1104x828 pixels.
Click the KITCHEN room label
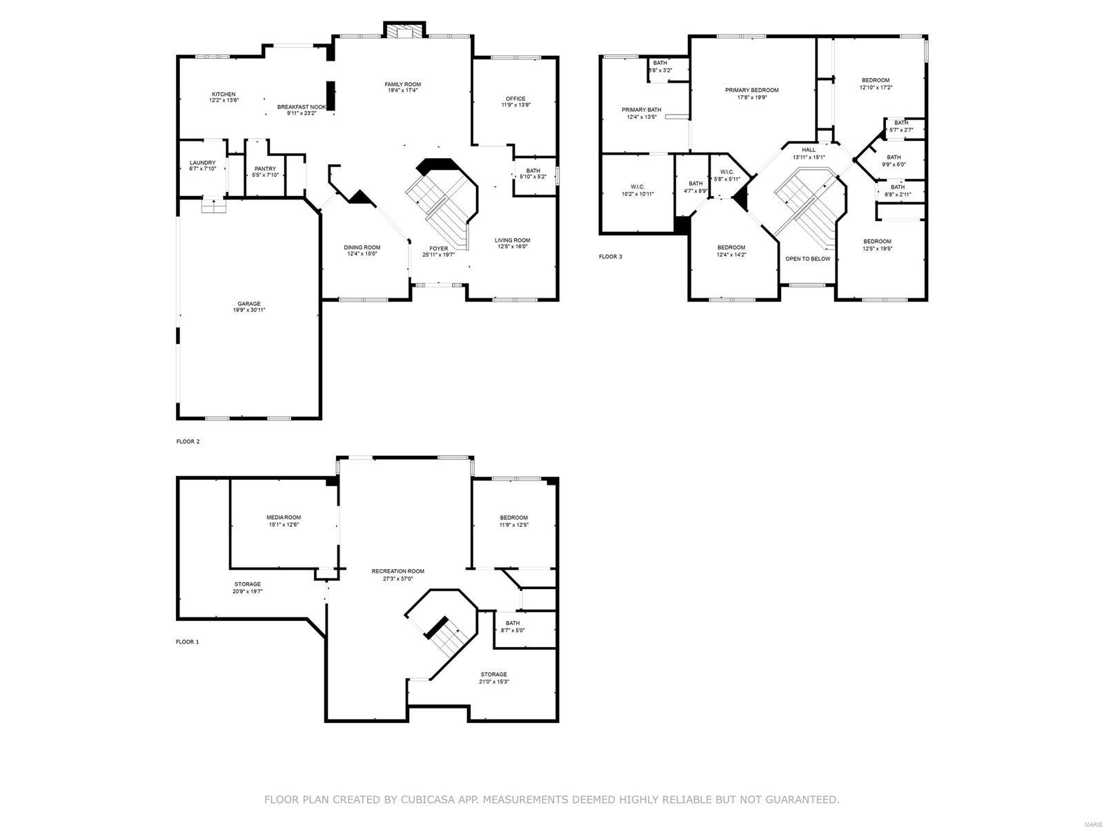223,95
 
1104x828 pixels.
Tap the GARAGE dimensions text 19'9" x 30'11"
249,311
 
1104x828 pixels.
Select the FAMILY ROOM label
403,85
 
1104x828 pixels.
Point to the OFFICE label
515,99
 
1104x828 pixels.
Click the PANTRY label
265,169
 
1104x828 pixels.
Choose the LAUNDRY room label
202,163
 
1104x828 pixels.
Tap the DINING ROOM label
362,247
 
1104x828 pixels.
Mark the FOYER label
439,249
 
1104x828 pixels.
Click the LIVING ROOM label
513,240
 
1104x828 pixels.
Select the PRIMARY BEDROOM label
751,90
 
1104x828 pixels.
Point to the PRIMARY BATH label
641,110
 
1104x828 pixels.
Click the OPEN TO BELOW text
807,259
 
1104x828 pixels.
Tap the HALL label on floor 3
809,150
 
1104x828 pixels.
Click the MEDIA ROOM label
284,517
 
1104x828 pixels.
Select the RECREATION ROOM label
397,571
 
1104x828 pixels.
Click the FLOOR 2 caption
188,441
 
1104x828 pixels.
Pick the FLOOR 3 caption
610,257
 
